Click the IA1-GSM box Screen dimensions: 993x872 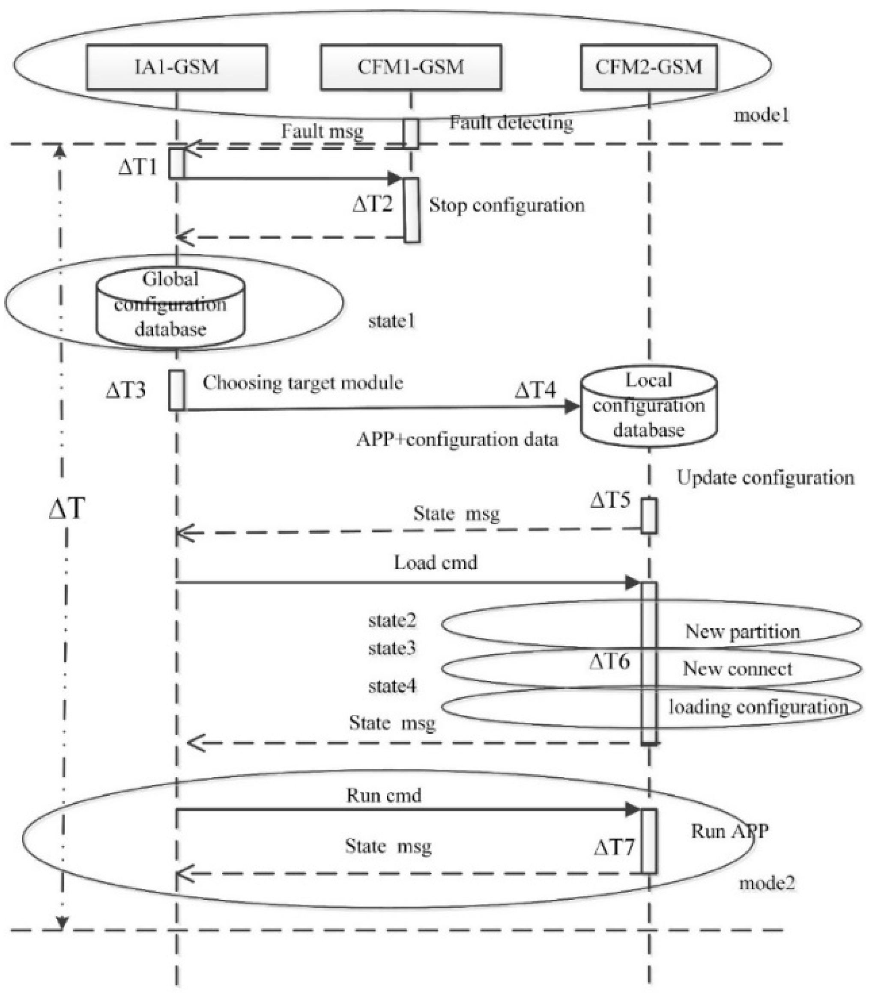click(176, 67)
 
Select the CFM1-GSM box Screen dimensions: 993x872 click(411, 67)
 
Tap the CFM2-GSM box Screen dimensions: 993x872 click(648, 67)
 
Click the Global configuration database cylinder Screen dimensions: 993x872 click(170, 305)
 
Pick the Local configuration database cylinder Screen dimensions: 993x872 click(648, 406)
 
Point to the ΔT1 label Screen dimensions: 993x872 click(138, 167)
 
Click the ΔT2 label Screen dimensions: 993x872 click(372, 204)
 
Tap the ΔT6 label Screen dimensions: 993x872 click(609, 661)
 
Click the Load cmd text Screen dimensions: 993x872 click(435, 562)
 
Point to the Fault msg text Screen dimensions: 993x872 click(322, 131)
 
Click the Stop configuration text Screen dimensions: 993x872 click(507, 205)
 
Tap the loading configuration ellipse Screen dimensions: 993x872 click(651, 707)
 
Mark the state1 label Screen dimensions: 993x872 click(392, 321)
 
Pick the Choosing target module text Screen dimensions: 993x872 click(303, 383)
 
